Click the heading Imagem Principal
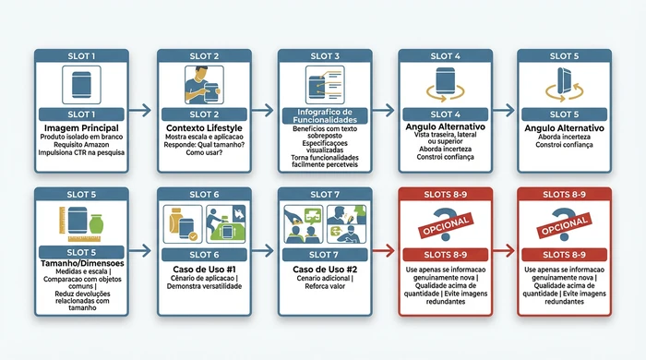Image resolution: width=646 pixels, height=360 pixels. (x=79, y=127)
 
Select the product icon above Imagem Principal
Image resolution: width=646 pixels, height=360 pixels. (x=79, y=89)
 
